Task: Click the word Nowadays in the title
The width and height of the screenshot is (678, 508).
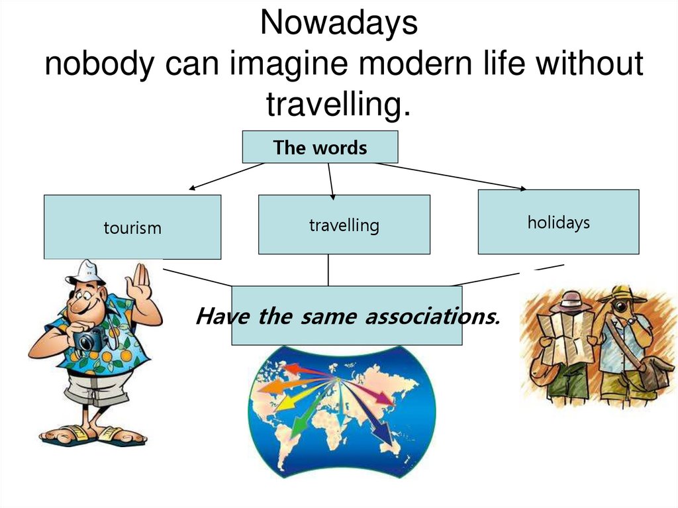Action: pos(338,25)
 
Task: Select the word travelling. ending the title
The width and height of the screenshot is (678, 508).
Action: pos(338,104)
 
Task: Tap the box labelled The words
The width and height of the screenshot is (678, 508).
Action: pos(320,147)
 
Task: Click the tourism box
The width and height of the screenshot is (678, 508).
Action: pos(132,228)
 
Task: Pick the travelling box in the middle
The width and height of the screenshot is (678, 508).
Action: pos(344,225)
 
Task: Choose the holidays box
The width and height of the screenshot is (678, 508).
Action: pos(558,222)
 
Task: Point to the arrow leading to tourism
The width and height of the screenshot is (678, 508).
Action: pos(225,176)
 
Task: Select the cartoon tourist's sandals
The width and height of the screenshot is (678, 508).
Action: pos(93,435)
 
